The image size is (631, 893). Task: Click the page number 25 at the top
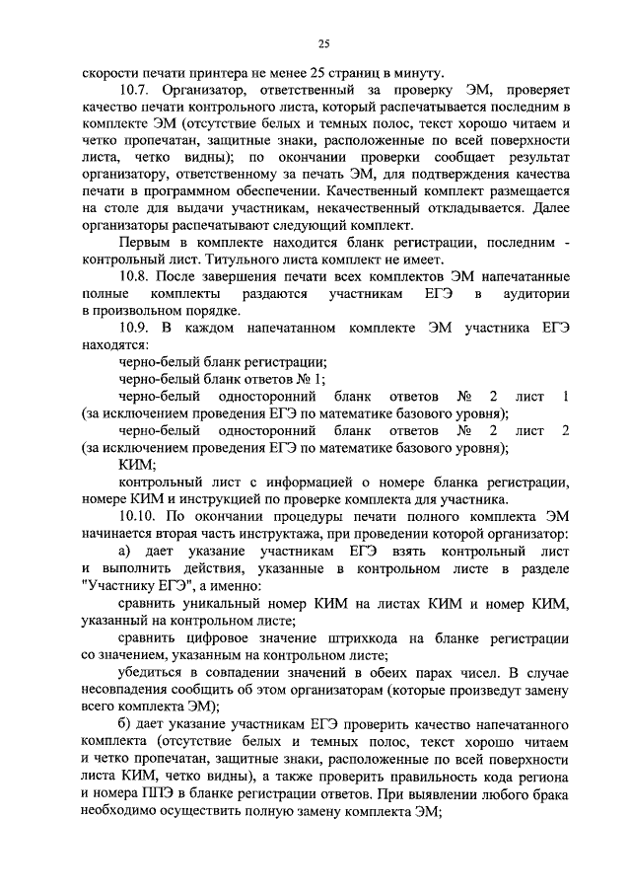point(323,42)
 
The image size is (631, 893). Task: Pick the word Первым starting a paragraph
point(141,242)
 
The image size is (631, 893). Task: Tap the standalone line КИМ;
point(136,464)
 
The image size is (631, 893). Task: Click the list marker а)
point(125,549)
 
